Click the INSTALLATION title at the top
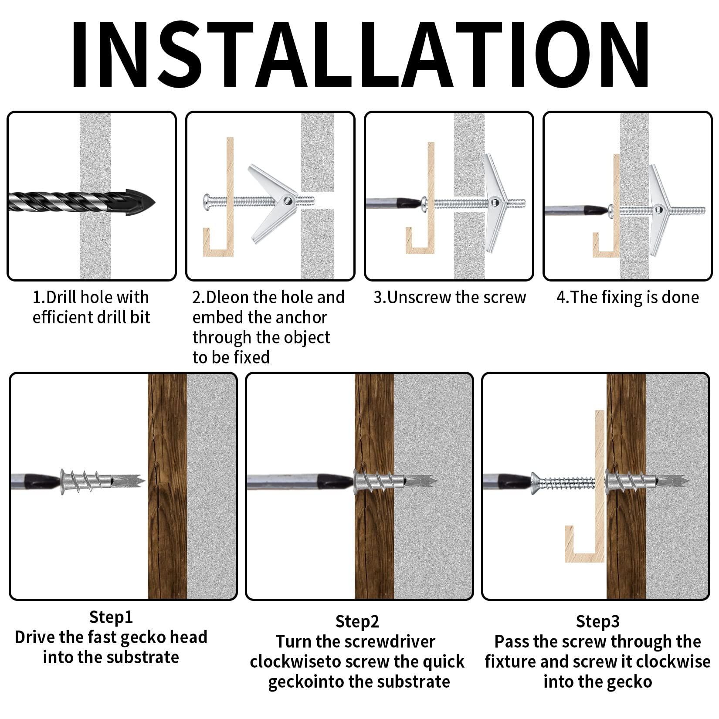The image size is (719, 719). tap(359, 54)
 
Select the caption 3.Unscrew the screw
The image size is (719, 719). tap(450, 297)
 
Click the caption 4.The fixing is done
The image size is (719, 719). tap(627, 297)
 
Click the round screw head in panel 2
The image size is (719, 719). tap(208, 202)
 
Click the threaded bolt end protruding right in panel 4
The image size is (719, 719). tap(688, 210)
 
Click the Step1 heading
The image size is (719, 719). tap(111, 617)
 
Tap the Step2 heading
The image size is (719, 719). tap(357, 621)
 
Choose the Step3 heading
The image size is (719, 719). tap(597, 621)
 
